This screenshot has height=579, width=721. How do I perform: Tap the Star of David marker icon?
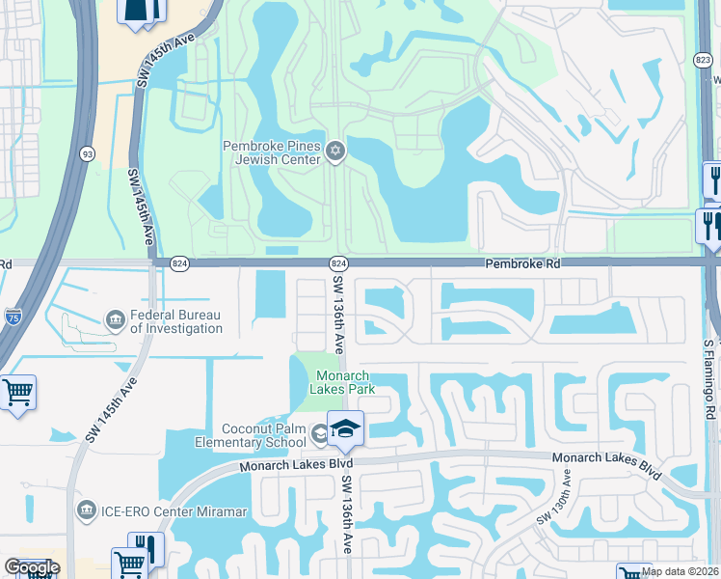click(x=335, y=150)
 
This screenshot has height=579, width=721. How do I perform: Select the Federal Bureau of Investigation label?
click(x=175, y=321)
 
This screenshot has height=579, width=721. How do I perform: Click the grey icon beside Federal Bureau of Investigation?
click(x=115, y=318)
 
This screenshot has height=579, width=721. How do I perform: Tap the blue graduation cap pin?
click(x=345, y=429)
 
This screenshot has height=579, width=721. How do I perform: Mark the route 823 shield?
click(x=703, y=60)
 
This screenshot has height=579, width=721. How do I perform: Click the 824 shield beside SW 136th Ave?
click(x=337, y=262)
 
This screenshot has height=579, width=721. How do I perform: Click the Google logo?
click(x=31, y=567)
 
